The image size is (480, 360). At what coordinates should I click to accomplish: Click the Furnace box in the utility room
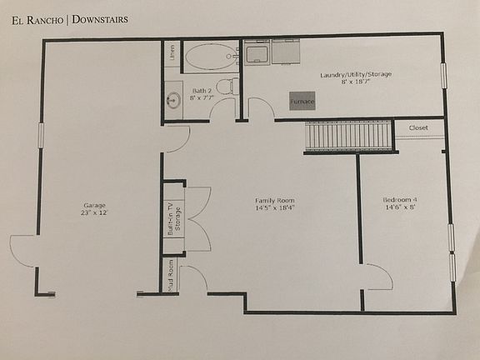point(302,101)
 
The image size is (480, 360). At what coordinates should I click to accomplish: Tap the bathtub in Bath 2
point(210,57)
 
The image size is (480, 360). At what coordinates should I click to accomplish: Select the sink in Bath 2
point(173,101)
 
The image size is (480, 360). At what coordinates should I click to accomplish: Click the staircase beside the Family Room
point(348,135)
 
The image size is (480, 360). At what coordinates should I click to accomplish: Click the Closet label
point(418,127)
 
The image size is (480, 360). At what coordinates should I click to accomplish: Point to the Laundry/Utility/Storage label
point(356,77)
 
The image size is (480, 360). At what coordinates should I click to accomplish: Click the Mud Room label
point(171,277)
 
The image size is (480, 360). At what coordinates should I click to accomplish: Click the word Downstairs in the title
point(99,18)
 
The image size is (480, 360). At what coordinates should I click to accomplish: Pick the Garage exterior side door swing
point(23,251)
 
